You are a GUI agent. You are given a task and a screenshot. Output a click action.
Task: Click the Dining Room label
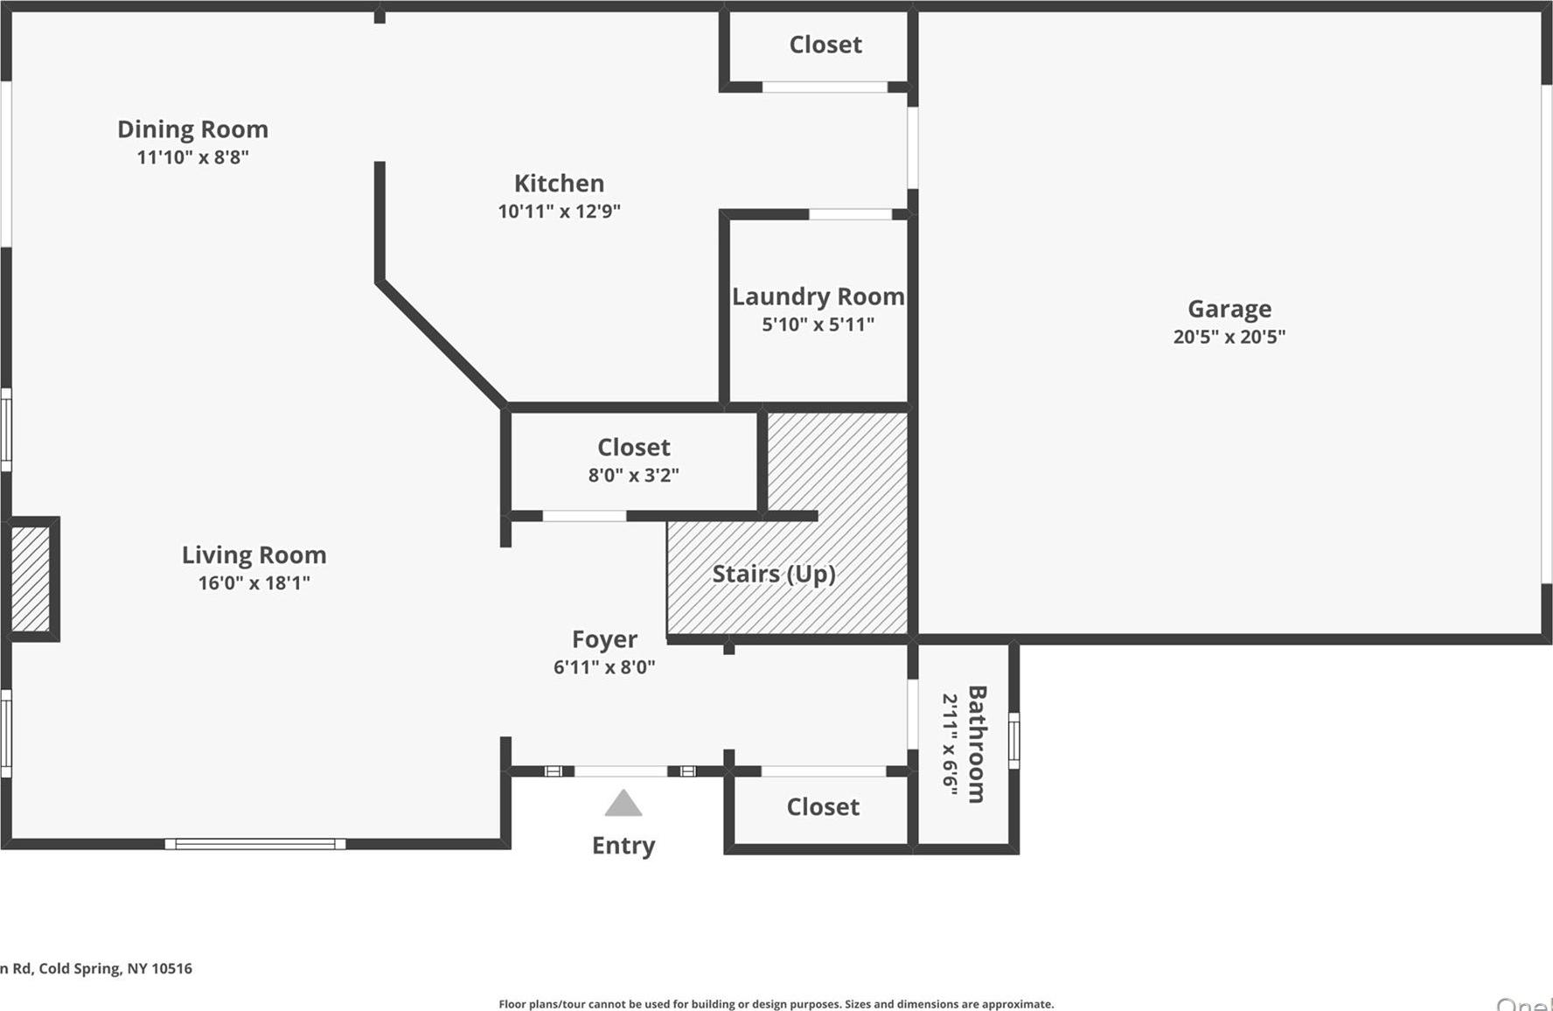click(192, 129)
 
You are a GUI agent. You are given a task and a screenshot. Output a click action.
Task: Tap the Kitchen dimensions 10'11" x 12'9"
click(559, 211)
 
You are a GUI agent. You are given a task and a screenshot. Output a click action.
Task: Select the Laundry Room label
click(818, 296)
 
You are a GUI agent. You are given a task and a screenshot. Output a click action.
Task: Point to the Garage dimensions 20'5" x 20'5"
click(1229, 337)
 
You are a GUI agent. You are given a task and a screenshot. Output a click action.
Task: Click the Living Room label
click(254, 554)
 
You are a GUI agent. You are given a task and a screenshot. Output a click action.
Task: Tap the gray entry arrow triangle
click(623, 805)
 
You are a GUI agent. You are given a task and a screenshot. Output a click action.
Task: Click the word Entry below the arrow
click(623, 846)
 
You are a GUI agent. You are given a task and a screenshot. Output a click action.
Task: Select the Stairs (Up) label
click(773, 574)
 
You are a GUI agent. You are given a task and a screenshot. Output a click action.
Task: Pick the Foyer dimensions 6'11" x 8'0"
click(604, 667)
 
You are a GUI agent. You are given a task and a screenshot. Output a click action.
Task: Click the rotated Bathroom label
click(977, 743)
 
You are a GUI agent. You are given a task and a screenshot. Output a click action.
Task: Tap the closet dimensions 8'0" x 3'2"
click(633, 475)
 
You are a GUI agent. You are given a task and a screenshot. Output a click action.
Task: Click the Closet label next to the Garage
click(825, 45)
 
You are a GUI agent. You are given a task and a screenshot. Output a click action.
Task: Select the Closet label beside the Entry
click(823, 806)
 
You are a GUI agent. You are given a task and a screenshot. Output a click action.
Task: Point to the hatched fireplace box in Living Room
click(31, 578)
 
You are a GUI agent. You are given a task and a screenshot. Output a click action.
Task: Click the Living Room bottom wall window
click(255, 844)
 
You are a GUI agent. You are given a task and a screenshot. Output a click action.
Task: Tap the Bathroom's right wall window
click(1014, 741)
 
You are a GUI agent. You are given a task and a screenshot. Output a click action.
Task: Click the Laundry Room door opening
click(849, 214)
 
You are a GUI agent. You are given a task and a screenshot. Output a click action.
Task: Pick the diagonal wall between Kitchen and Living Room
click(442, 344)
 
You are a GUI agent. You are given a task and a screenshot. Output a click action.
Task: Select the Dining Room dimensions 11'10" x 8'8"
click(192, 157)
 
